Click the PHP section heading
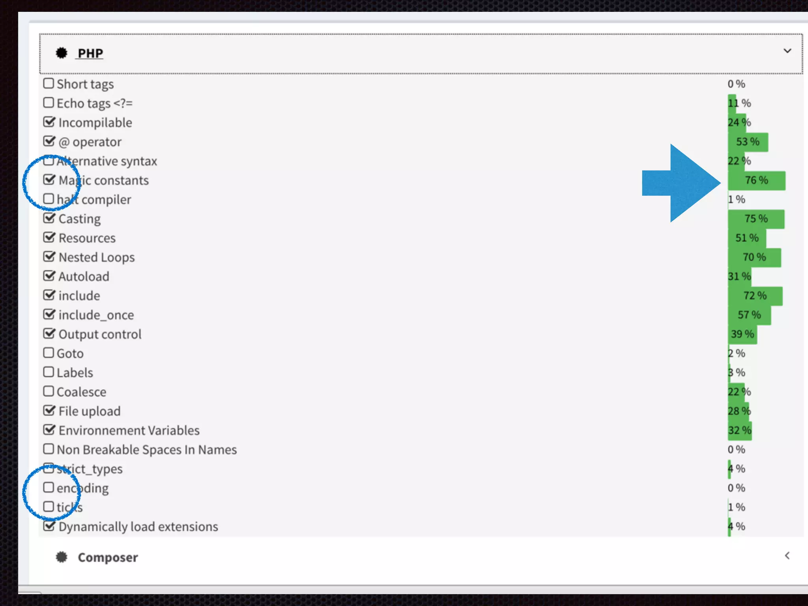click(x=90, y=53)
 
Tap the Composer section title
click(x=108, y=557)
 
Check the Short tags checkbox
click(x=49, y=83)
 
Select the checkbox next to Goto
click(x=49, y=352)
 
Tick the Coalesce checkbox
click(x=49, y=391)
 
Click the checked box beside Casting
click(x=49, y=218)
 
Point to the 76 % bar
click(x=756, y=180)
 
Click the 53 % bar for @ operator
click(x=748, y=142)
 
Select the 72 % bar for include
click(x=755, y=296)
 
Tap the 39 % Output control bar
click(x=742, y=334)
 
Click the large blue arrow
click(x=682, y=183)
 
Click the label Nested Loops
click(x=97, y=257)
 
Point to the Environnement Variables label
click(x=129, y=430)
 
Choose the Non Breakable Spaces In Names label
click(x=147, y=449)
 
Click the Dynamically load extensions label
click(x=138, y=526)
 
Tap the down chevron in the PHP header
click(x=787, y=51)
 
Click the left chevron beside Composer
click(x=787, y=556)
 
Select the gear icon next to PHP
click(x=62, y=53)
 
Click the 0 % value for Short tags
click(x=736, y=84)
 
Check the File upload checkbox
click(x=49, y=410)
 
